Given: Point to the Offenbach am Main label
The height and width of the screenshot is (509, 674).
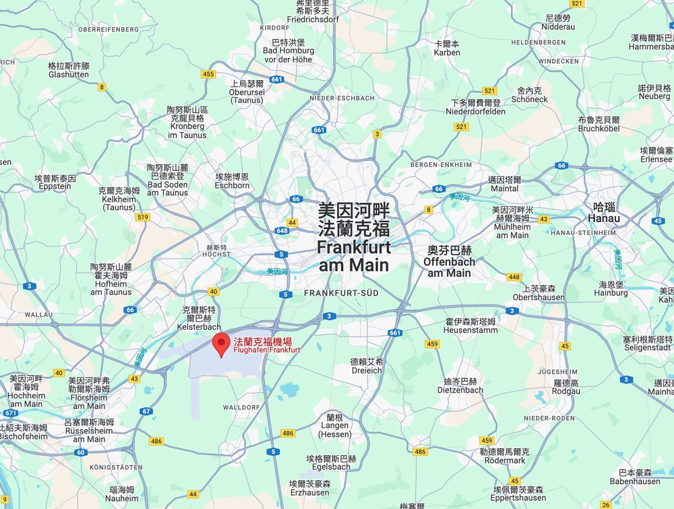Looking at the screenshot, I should (449, 261).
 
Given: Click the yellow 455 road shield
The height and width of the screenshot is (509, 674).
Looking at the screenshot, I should (208, 74).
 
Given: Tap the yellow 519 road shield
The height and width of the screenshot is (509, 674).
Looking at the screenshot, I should (142, 217).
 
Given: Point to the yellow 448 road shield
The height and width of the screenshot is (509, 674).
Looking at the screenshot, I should (514, 277).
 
